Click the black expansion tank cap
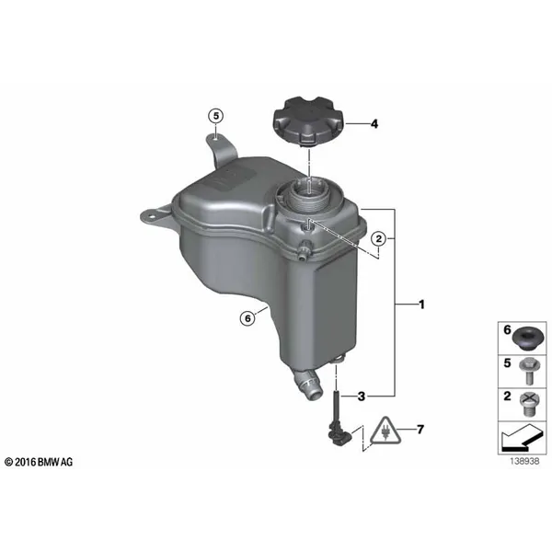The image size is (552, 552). [x=308, y=122]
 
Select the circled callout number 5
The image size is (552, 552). [x=216, y=116]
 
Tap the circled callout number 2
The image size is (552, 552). [x=379, y=239]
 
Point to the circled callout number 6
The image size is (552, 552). [x=247, y=318]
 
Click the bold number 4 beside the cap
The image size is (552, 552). [x=374, y=124]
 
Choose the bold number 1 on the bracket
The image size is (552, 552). [x=421, y=305]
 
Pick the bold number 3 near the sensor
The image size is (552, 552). [x=362, y=397]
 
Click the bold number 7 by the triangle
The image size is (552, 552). [x=420, y=429]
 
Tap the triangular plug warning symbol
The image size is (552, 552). [x=385, y=431]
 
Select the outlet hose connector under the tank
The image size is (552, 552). [x=307, y=385]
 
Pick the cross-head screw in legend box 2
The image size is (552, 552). [x=530, y=404]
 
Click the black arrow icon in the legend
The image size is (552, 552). [x=521, y=439]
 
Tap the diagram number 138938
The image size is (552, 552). [x=524, y=461]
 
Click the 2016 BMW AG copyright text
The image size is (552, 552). [x=39, y=462]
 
